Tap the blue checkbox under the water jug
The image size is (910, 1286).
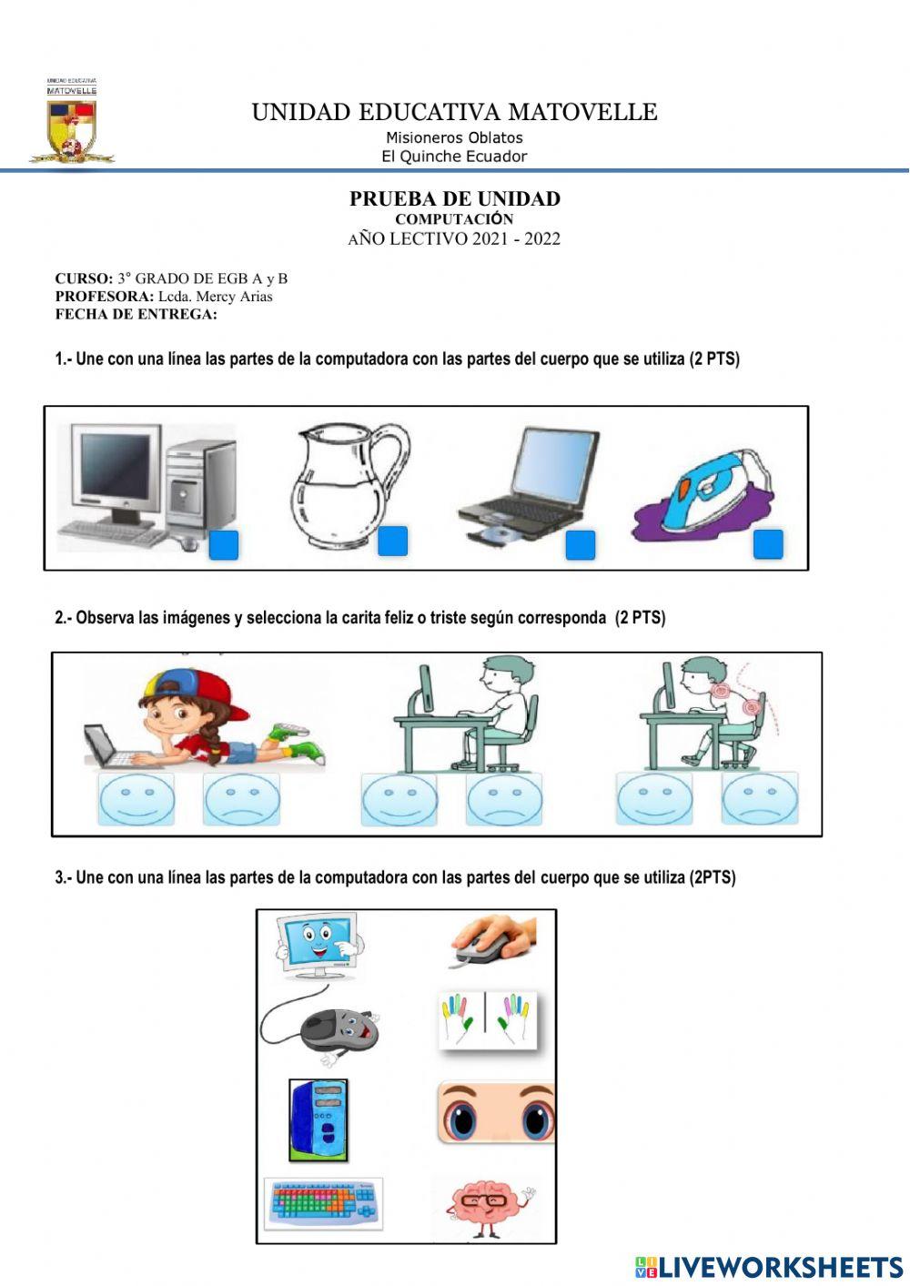click(x=392, y=541)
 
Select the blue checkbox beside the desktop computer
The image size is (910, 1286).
click(x=224, y=545)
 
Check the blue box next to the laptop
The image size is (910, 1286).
click(x=581, y=545)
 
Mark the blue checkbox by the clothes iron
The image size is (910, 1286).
click(x=768, y=544)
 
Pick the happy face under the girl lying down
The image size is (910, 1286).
click(x=136, y=800)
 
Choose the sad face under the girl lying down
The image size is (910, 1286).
click(x=241, y=800)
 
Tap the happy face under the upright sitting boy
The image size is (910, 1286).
click(x=399, y=800)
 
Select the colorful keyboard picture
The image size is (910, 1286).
click(x=324, y=1202)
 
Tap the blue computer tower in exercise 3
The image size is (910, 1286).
click(x=318, y=1120)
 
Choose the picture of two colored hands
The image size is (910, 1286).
click(x=487, y=1020)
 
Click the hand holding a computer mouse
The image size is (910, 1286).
click(x=491, y=941)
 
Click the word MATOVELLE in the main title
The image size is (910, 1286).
click(x=582, y=112)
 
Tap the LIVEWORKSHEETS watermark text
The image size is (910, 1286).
click(x=780, y=1266)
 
